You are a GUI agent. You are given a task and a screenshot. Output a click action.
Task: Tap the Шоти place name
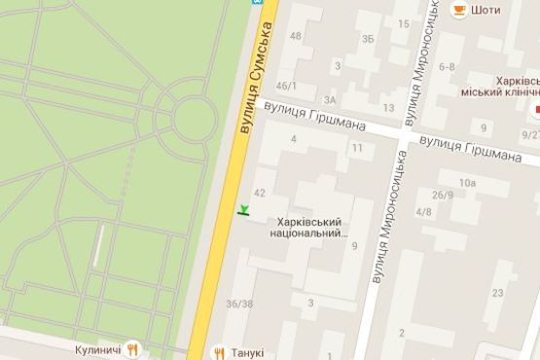pyautogui.click(x=485, y=11)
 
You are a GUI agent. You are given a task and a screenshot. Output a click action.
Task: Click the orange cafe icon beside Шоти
pyautogui.click(x=457, y=10)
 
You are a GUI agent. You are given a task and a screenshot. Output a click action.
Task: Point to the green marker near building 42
pyautogui.click(x=243, y=209)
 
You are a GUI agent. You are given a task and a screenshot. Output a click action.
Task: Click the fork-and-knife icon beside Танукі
pyautogui.click(x=220, y=352)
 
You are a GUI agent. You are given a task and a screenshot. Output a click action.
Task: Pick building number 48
pyautogui.click(x=296, y=36)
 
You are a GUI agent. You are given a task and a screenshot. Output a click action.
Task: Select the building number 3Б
pyautogui.click(x=367, y=39)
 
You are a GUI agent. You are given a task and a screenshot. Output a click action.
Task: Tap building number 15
pyautogui.click(x=403, y=22)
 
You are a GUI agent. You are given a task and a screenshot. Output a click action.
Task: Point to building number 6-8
pyautogui.click(x=447, y=66)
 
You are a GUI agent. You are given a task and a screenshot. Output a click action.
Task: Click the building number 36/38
pyautogui.click(x=239, y=303)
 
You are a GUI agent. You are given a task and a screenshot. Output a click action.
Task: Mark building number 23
pyautogui.click(x=497, y=293)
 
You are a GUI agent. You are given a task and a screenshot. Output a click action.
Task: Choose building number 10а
pyautogui.click(x=469, y=182)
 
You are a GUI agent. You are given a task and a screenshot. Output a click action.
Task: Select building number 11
pyautogui.click(x=358, y=148)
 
